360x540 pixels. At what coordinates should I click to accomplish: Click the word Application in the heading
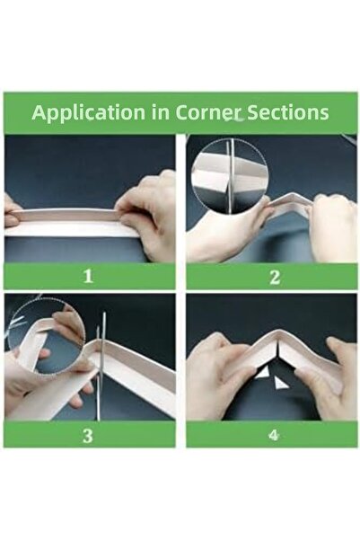(89, 112)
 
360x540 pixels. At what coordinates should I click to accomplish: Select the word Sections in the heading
(288, 112)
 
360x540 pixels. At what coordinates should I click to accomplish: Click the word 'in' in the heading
(160, 112)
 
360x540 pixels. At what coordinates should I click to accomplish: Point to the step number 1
(89, 276)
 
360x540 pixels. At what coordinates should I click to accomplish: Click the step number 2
(275, 277)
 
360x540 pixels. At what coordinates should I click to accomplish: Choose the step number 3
(88, 436)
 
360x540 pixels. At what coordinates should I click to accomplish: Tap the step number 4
(274, 435)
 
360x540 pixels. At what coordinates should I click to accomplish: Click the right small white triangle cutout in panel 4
(279, 382)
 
